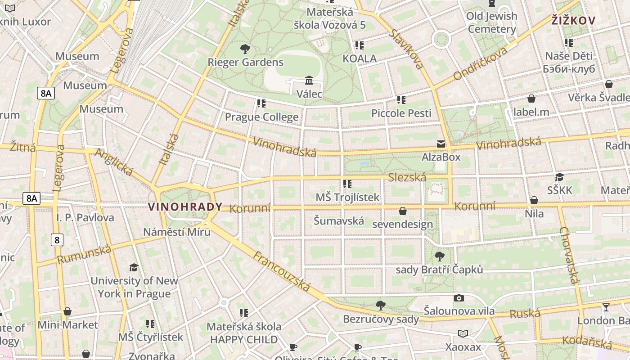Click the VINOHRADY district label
185,207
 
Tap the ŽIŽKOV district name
573,20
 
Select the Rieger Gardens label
245,62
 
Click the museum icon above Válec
309,81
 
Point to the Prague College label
261,117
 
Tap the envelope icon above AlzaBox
441,144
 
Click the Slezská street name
407,177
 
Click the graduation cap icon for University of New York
134,268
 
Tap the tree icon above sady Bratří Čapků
439,256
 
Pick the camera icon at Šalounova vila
459,298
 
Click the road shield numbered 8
57,240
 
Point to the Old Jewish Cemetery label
491,23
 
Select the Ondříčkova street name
480,63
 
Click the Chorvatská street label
569,255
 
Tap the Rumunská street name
84,254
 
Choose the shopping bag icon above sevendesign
403,211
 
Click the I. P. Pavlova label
85,218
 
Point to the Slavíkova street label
407,49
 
